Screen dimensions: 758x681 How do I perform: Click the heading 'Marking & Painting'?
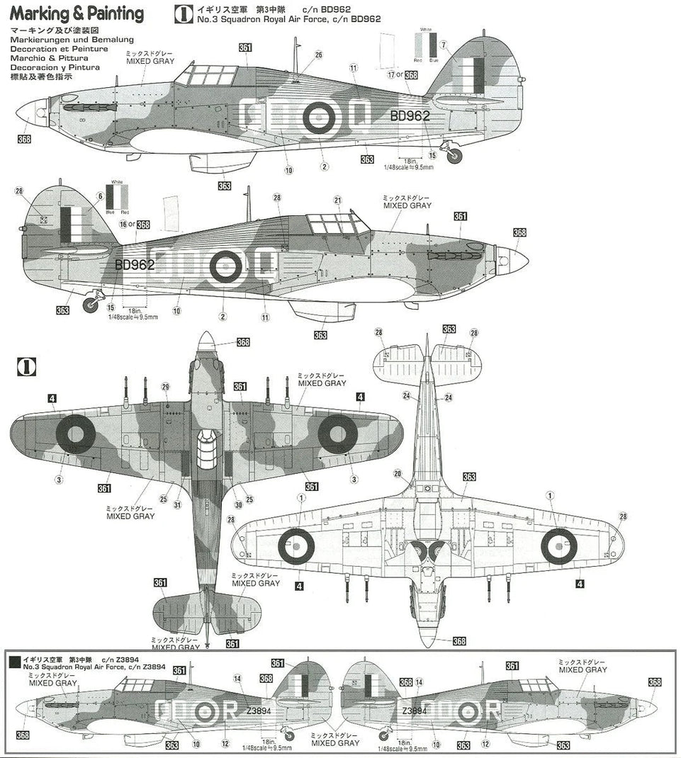click(77, 13)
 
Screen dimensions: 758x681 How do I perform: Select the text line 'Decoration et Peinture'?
click(59, 50)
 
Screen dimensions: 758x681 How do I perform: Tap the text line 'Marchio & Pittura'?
click(49, 59)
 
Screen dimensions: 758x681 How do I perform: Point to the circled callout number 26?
click(318, 55)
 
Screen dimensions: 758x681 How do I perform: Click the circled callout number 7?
click(444, 46)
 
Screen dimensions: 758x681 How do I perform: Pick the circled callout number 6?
click(101, 196)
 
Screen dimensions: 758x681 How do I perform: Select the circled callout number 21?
click(338, 200)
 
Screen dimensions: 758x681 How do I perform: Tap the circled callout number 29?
click(165, 386)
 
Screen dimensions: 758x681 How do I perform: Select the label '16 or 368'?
click(134, 225)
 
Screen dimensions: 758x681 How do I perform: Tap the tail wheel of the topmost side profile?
click(454, 156)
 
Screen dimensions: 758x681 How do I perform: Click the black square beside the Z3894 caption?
click(14, 662)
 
